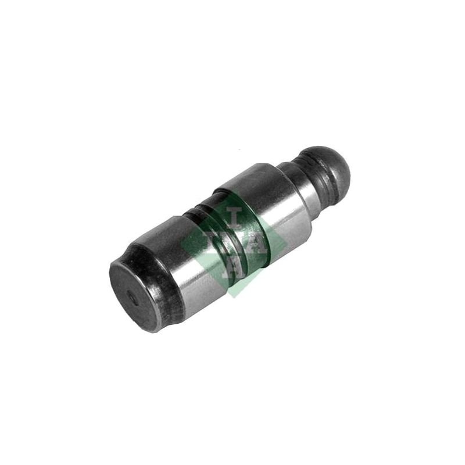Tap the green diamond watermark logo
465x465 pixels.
point(234,244)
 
